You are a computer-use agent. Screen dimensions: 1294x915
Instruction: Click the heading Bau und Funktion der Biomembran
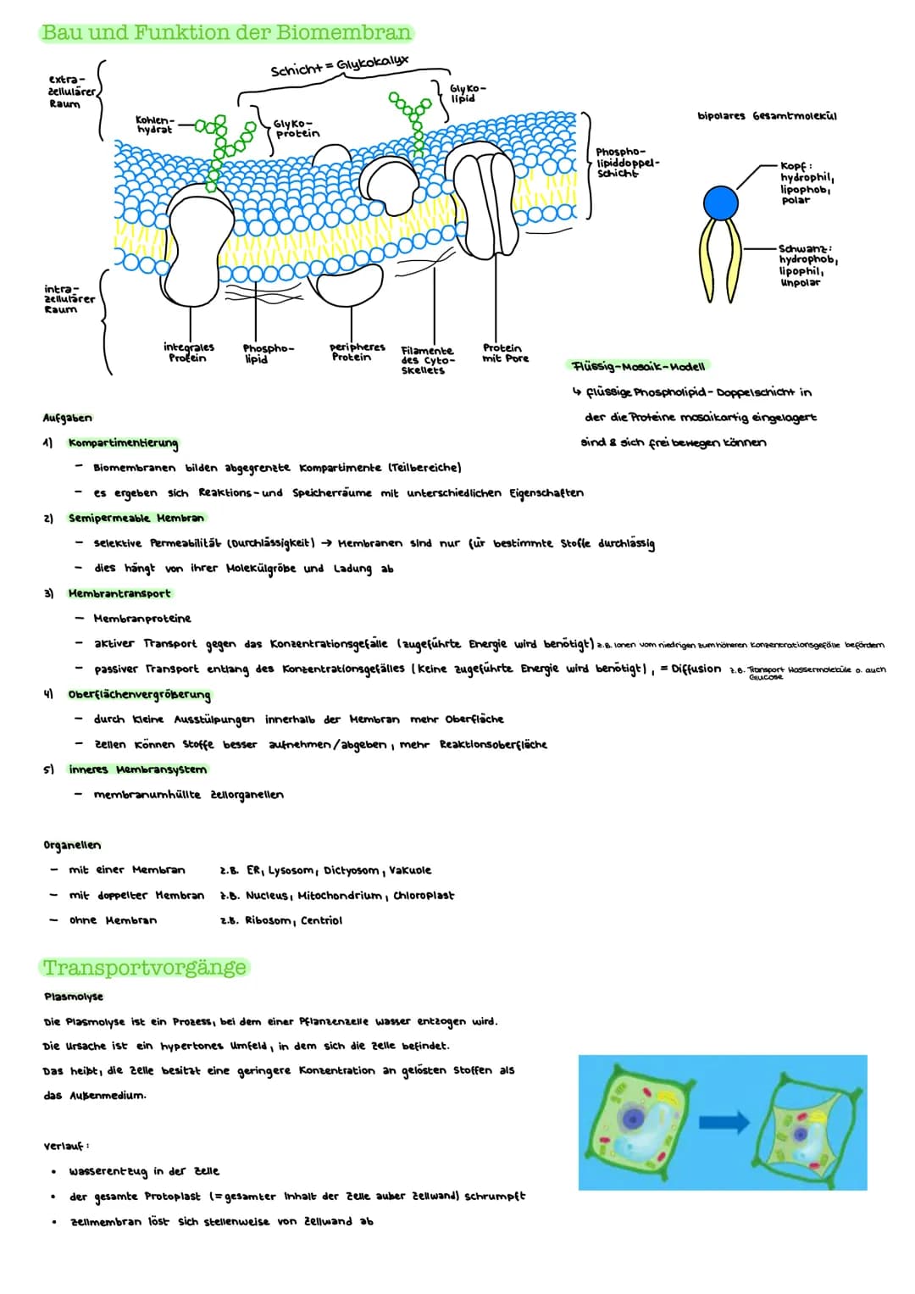click(226, 33)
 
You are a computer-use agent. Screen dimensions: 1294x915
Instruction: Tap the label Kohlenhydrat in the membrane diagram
click(155, 125)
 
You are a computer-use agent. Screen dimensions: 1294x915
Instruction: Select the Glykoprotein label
click(297, 128)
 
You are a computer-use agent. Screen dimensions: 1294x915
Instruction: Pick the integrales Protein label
click(188, 353)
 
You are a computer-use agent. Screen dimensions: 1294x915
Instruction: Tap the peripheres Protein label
click(357, 353)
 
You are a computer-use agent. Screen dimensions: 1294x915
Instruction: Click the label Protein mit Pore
click(505, 353)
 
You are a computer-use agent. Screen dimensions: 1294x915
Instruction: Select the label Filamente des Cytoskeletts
click(427, 360)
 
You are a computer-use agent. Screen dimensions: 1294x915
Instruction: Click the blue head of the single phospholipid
click(721, 203)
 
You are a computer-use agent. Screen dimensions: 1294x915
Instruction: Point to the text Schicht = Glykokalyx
click(339, 66)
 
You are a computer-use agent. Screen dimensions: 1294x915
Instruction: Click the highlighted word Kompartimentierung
click(124, 442)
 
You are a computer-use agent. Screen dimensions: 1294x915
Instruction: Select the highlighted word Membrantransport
click(119, 593)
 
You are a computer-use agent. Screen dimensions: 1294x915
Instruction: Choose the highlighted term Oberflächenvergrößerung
click(140, 694)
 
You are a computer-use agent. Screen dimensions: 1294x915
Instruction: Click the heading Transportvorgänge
click(144, 968)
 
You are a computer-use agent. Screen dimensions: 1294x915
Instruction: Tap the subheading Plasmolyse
click(74, 997)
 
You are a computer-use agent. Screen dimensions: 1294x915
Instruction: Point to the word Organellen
click(72, 845)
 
